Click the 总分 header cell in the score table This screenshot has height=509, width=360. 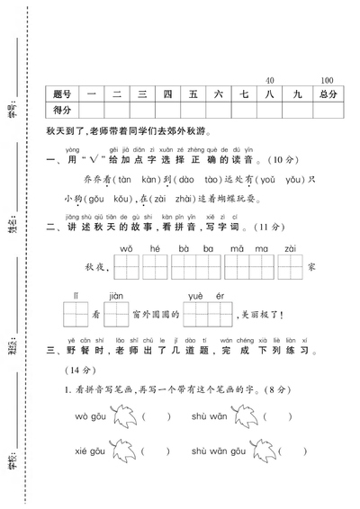click(x=326, y=94)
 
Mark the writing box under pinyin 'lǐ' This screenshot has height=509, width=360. click(x=76, y=314)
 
